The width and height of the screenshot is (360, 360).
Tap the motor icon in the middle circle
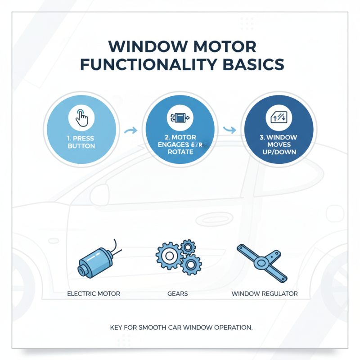click(x=180, y=118)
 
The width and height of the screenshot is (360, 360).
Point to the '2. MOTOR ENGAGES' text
click(x=180, y=141)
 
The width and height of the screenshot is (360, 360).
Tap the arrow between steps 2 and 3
click(x=230, y=130)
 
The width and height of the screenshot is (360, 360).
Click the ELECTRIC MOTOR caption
click(x=94, y=293)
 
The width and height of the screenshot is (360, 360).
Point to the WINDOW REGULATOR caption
click(x=265, y=293)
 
